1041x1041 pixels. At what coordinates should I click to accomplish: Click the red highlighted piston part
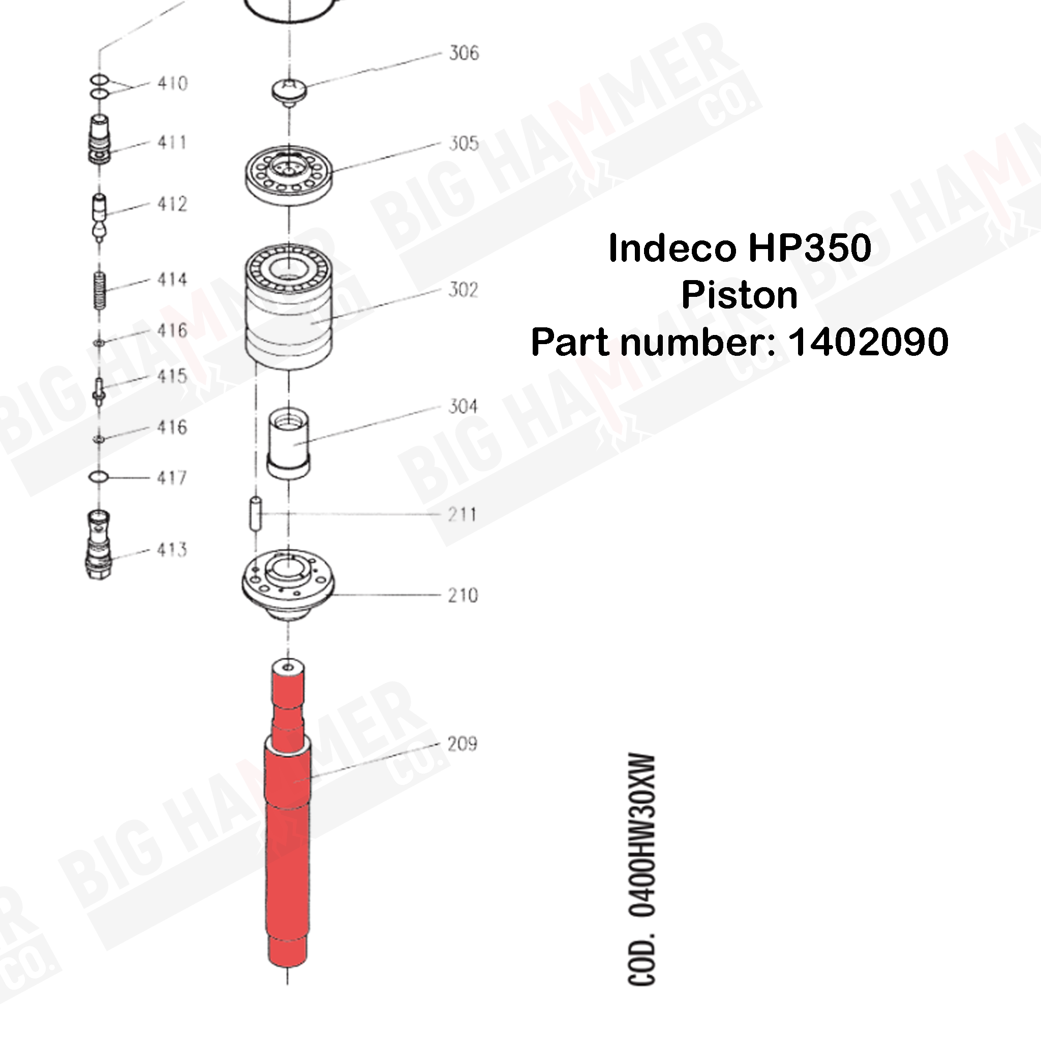(288, 841)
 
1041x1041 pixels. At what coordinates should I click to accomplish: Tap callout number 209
(463, 744)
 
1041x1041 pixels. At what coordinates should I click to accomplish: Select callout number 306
(464, 53)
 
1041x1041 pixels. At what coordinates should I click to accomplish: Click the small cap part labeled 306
(289, 89)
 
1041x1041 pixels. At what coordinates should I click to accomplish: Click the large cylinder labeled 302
(289, 307)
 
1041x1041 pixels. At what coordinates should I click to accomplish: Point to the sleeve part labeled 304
(289, 445)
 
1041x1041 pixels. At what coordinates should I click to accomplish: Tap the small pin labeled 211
(255, 514)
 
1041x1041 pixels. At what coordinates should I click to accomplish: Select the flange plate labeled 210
(288, 582)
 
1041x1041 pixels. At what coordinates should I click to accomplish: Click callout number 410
(172, 83)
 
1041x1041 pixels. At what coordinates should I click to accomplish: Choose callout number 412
(172, 204)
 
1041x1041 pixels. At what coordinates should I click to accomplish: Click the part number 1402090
(868, 342)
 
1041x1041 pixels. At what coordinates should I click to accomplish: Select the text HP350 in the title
(809, 249)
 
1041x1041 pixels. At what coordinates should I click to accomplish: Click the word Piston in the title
(739, 295)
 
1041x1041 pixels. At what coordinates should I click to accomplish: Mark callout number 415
(172, 376)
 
